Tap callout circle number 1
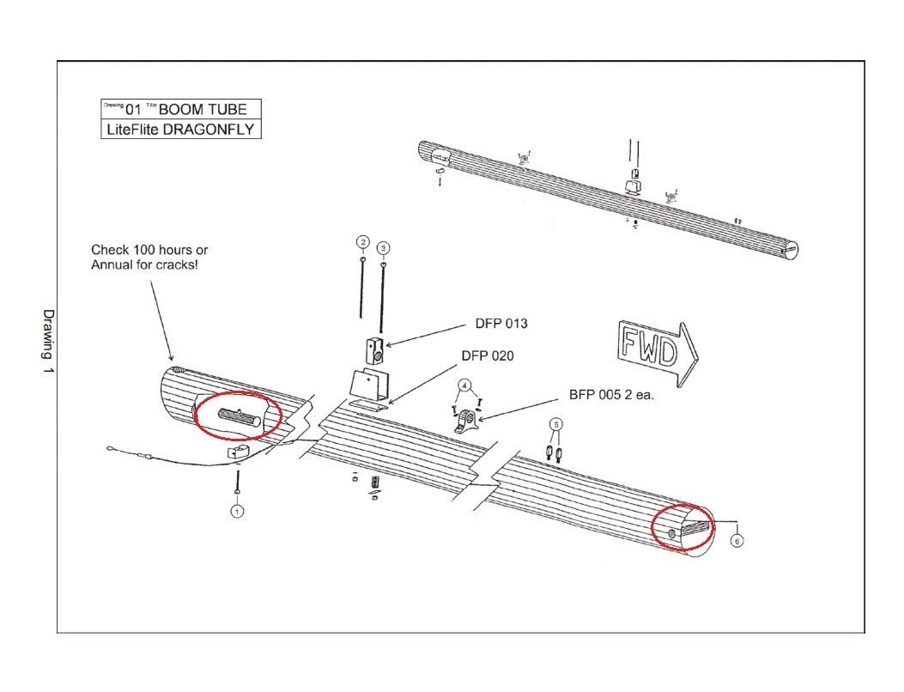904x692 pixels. tap(237, 511)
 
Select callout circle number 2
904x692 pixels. tap(363, 241)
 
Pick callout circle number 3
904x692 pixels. tap(383, 247)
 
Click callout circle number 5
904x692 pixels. tap(555, 424)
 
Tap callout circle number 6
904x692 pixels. tap(736, 541)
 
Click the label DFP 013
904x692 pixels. tap(501, 324)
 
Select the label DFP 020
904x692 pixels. tap(488, 355)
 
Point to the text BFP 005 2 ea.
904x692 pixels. tap(611, 396)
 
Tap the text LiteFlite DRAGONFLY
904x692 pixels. tap(180, 130)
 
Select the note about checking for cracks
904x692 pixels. tap(149, 257)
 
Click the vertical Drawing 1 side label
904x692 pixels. tap(48, 340)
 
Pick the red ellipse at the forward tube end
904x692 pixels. tap(683, 527)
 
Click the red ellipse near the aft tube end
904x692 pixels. tap(238, 416)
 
